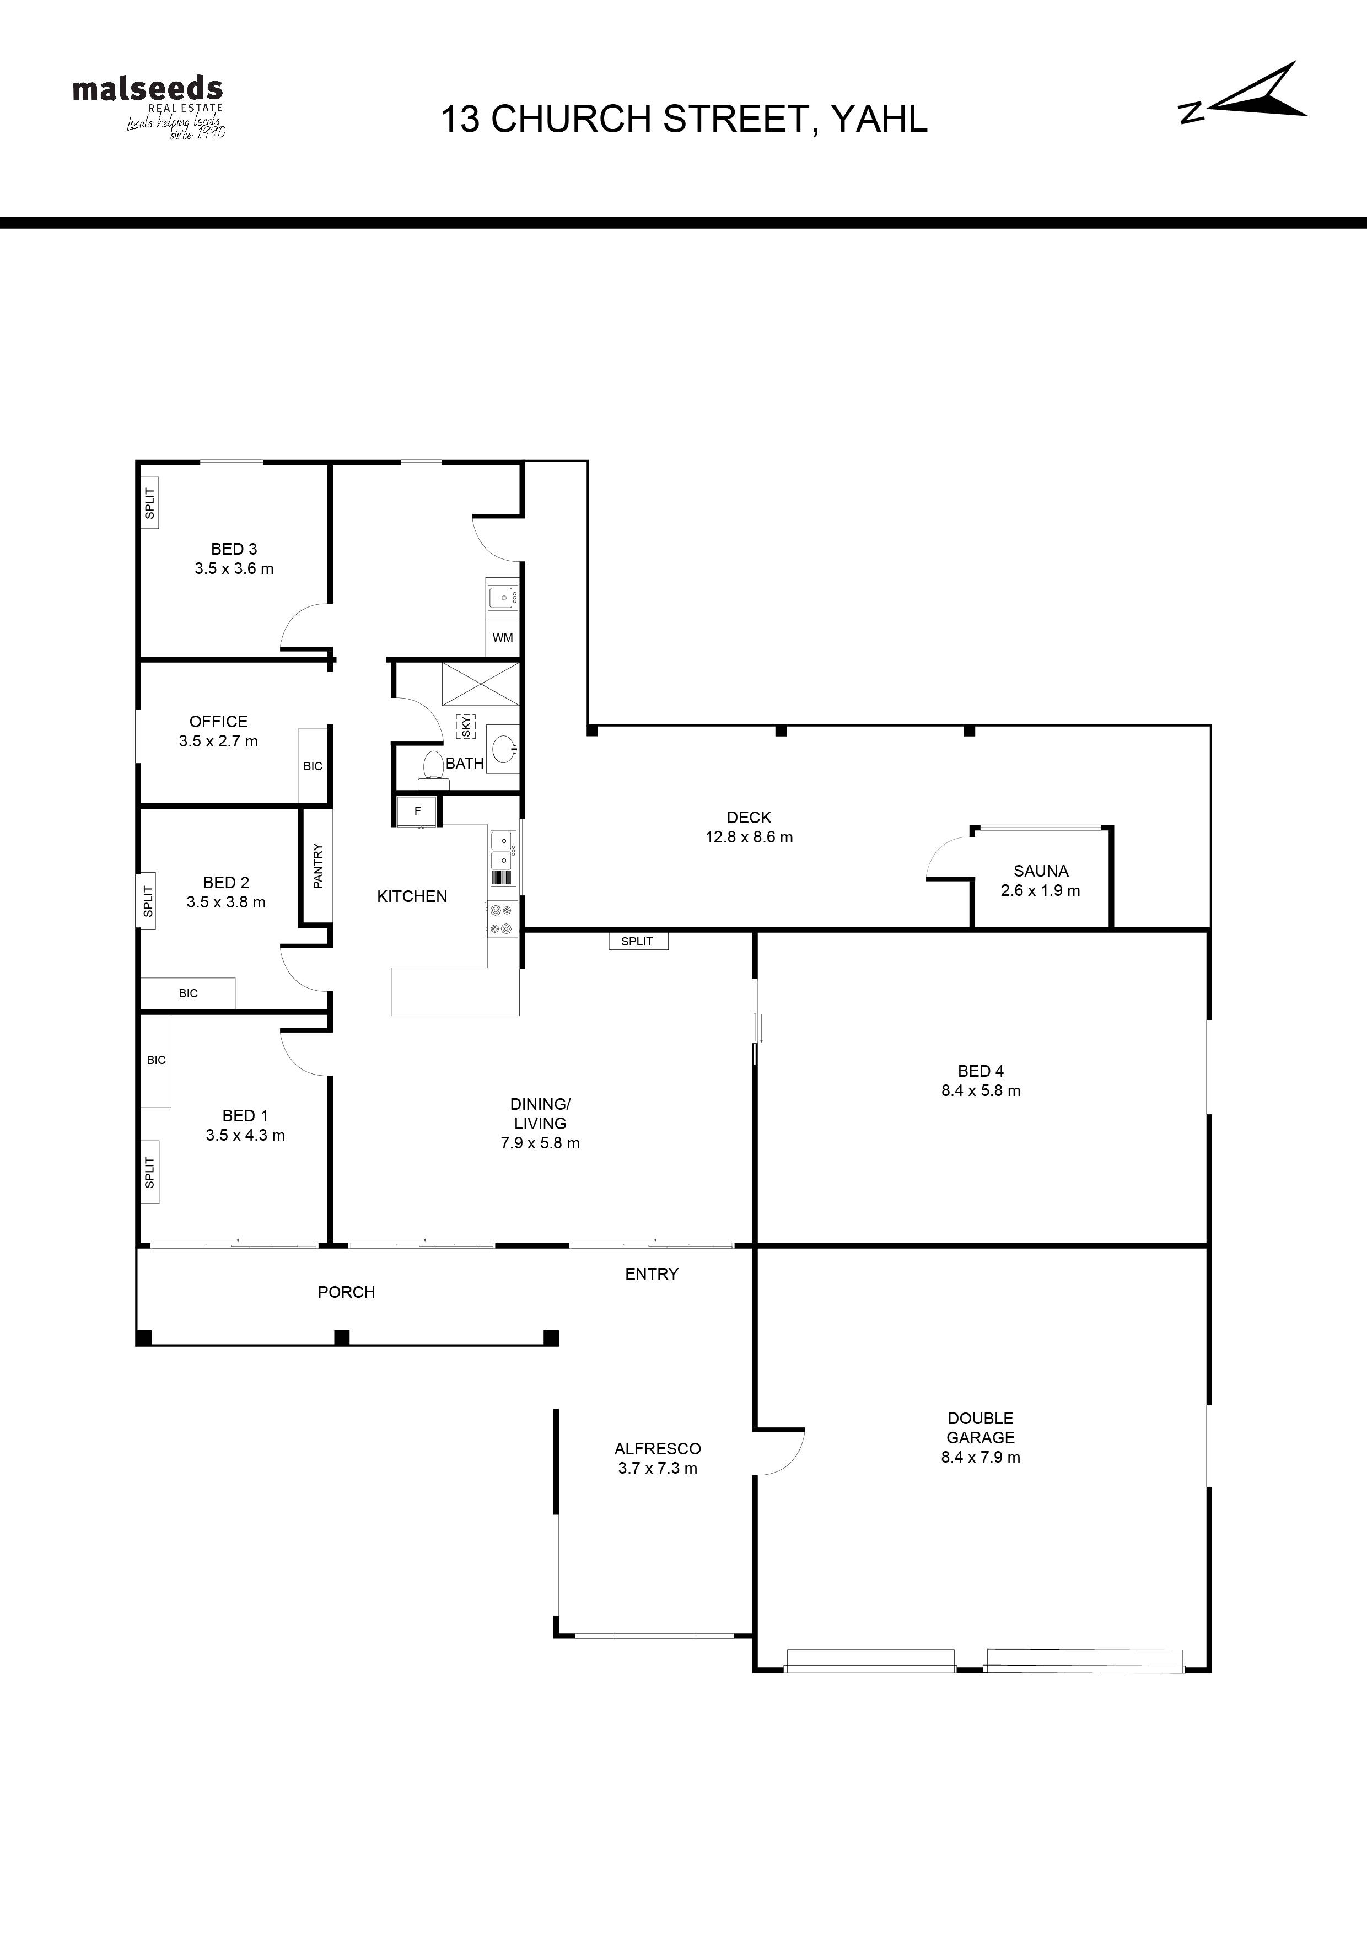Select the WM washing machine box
pos(503,638)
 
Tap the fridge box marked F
pos(418,811)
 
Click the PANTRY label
pos(317,865)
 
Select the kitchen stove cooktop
pos(502,919)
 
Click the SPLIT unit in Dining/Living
pos(638,941)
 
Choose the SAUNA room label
pos(1041,871)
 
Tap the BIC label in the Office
pos(313,766)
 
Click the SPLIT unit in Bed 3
pos(149,504)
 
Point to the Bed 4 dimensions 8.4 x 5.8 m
pos(981,1091)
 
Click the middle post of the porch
pos(341,1337)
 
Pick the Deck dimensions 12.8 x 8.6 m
pos(749,837)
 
